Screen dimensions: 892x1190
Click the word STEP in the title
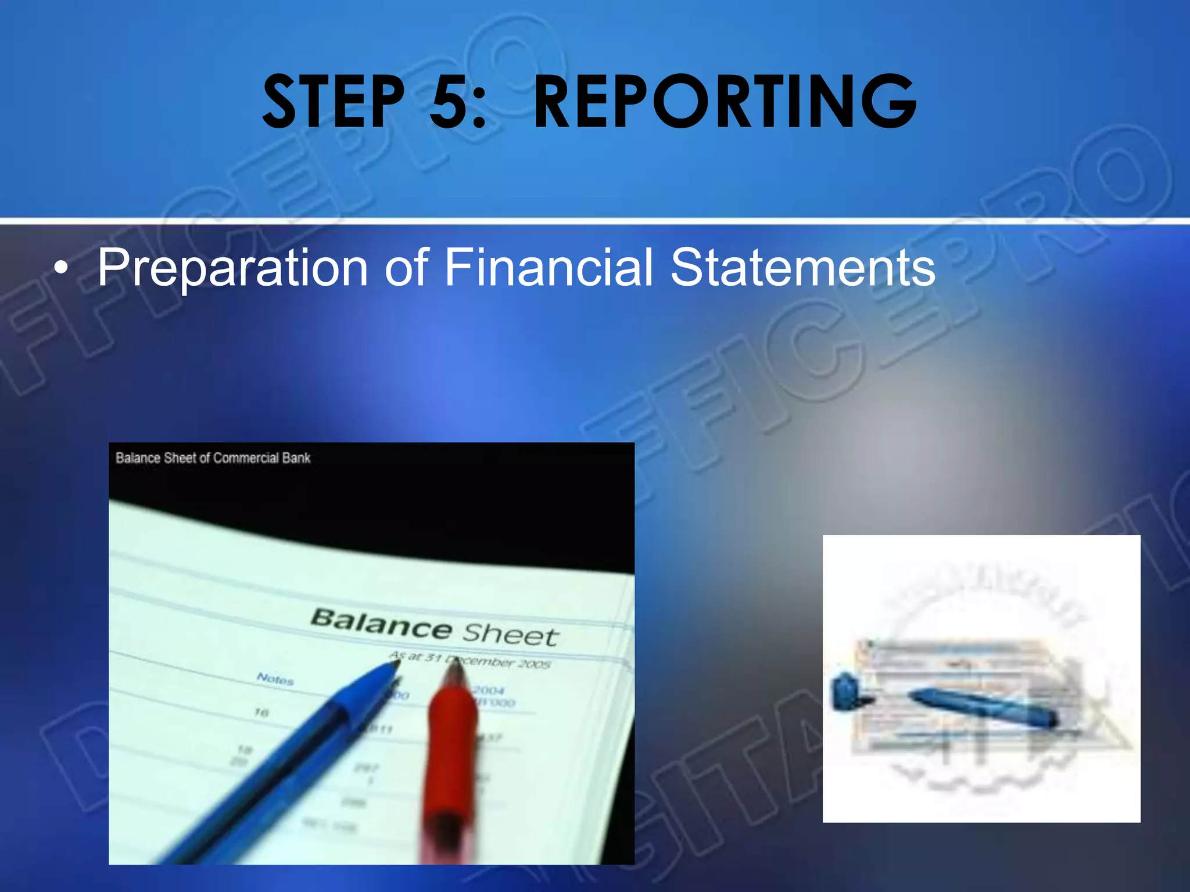click(332, 102)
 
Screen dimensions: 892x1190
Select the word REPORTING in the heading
click(724, 102)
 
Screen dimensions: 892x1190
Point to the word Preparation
click(232, 268)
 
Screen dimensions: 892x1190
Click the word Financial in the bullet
click(549, 267)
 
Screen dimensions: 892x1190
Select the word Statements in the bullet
click(802, 267)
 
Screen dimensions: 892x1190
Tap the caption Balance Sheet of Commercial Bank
click(213, 458)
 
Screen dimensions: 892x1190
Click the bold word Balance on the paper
click(381, 624)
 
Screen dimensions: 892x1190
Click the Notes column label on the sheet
click(275, 678)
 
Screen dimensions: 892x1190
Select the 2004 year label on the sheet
click(488, 690)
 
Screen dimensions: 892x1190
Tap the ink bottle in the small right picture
click(845, 691)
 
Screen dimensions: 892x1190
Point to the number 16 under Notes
click(261, 712)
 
